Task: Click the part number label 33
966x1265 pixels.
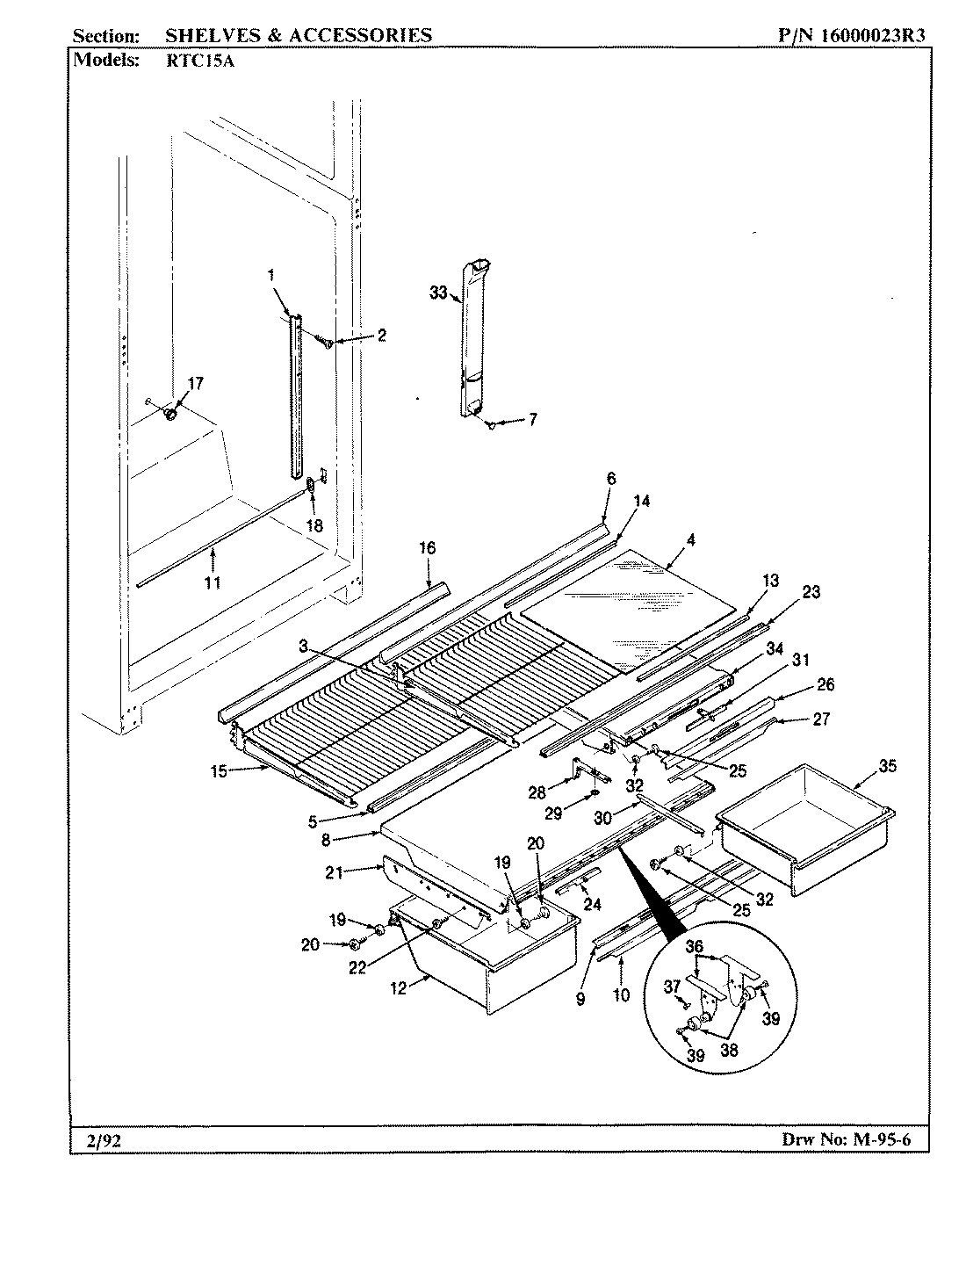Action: (x=438, y=293)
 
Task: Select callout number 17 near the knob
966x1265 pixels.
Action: (x=195, y=383)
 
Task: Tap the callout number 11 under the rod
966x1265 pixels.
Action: (x=213, y=582)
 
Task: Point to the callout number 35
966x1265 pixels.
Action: (x=888, y=765)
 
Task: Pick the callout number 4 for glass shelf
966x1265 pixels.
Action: (x=691, y=540)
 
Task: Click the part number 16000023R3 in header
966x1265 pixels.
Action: (x=874, y=35)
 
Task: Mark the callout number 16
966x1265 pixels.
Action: (x=427, y=548)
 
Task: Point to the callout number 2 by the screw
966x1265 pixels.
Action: (x=381, y=335)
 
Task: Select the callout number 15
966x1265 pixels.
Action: (x=219, y=771)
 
